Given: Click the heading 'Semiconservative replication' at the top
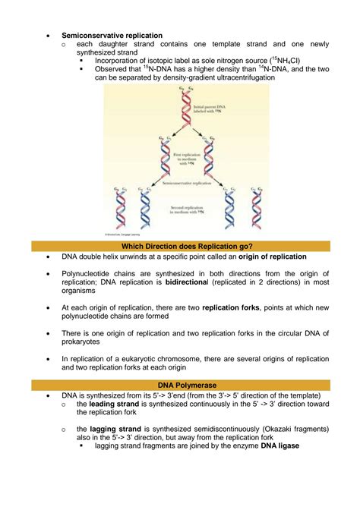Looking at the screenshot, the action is pos(112,35).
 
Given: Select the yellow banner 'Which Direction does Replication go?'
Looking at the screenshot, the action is pos(180,246).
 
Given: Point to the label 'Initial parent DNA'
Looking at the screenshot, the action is pos(210,111).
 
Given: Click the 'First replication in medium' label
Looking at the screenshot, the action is pos(185,159).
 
